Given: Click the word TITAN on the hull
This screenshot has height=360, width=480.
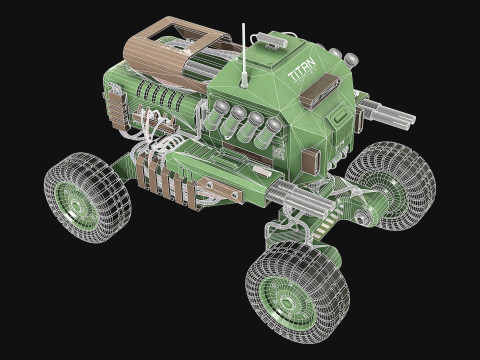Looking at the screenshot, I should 300,73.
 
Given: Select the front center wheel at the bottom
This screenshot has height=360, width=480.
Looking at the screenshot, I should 296,291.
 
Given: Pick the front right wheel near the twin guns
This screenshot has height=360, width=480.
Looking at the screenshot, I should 392,184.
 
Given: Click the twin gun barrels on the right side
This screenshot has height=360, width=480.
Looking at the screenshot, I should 390,114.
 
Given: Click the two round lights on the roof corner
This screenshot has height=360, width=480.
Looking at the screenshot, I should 344,56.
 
